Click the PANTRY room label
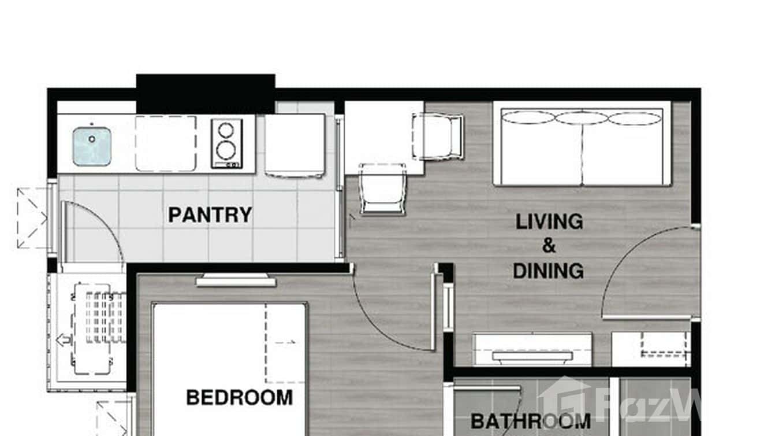click(210, 215)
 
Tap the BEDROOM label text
click(239, 398)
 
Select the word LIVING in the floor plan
click(549, 221)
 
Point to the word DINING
click(548, 271)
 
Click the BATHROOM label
click(530, 422)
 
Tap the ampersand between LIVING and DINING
click(549, 246)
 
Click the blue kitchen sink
click(92, 146)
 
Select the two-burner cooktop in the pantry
click(226, 143)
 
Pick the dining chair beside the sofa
click(439, 136)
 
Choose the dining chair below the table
click(382, 189)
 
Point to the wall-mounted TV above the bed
click(236, 282)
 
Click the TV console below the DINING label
click(532, 349)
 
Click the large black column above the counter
click(205, 93)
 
